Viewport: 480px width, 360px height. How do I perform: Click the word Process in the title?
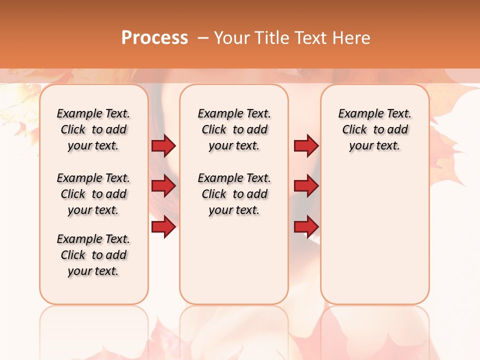click(154, 38)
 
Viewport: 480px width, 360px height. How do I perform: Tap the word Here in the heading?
click(351, 38)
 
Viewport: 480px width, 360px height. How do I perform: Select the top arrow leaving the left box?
click(163, 146)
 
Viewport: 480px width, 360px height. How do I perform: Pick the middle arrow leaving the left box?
click(163, 186)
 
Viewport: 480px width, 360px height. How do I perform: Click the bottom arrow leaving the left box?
click(163, 227)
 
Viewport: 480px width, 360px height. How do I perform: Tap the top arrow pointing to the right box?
click(306, 146)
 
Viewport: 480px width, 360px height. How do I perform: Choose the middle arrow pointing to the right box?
click(306, 186)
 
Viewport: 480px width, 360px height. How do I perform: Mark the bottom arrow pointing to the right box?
click(306, 227)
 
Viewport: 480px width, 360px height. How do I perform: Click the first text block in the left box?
click(93, 129)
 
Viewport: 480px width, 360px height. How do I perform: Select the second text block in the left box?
click(93, 194)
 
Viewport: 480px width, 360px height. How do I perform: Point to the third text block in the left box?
click(93, 255)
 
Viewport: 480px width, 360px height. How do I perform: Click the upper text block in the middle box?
click(234, 129)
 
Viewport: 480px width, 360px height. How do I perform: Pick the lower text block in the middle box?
click(234, 194)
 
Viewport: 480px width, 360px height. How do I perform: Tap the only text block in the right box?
click(375, 129)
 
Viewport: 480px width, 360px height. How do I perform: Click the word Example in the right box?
click(357, 114)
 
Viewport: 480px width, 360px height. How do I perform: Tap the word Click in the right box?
click(354, 130)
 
